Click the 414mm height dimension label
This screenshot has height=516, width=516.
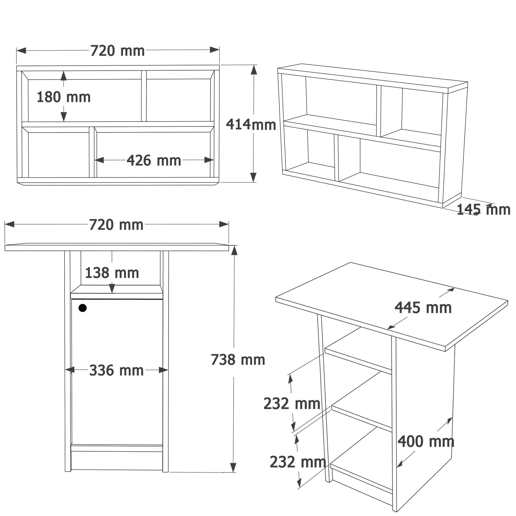pos(251,125)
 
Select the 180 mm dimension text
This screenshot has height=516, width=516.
pos(63,97)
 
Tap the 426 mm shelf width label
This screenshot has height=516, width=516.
pos(154,160)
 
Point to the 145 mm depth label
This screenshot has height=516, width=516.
pos(483,210)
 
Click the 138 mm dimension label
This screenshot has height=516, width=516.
pos(112,273)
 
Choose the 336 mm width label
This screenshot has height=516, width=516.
pos(116,370)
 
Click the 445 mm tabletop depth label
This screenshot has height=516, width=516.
pos(423,308)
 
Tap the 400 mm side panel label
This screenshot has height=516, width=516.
pos(426,441)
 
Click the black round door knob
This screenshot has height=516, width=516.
pos(83,308)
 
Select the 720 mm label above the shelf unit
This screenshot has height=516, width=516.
pos(117,51)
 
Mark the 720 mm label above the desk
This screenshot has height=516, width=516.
pos(116,225)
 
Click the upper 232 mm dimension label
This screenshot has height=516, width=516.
pos(292,404)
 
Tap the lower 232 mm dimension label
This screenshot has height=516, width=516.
pos(298,462)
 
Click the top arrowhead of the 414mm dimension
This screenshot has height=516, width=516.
pos(254,70)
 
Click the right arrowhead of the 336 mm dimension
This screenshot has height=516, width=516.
pos(164,370)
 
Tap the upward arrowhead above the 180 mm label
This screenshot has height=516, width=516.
pos(63,76)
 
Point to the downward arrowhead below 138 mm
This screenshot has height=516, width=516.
pos(112,289)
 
